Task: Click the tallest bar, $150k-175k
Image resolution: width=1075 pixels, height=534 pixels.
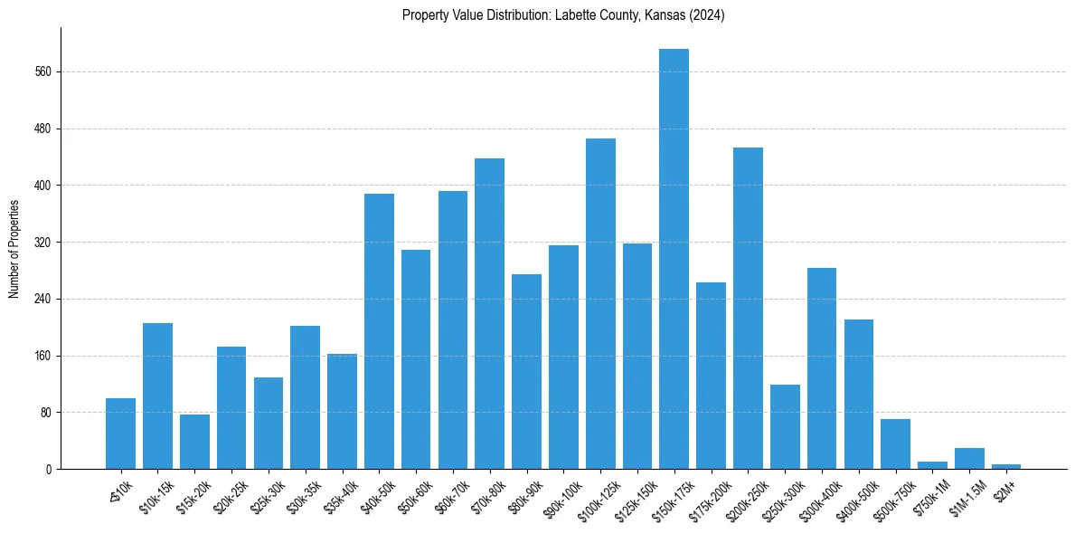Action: point(674,259)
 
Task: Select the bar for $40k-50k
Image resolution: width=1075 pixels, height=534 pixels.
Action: point(379,331)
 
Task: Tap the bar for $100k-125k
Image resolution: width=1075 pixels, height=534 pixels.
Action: point(600,304)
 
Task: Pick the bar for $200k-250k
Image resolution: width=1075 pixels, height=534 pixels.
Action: point(748,309)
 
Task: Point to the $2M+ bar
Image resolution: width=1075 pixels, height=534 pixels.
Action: point(1006,467)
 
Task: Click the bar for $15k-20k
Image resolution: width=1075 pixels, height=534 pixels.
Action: point(194,442)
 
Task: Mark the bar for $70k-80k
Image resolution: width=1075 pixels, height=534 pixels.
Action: point(489,314)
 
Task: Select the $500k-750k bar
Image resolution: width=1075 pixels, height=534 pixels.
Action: point(895,444)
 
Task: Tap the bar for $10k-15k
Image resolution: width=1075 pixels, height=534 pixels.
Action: point(157,396)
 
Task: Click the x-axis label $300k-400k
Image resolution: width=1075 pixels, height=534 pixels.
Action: point(820,494)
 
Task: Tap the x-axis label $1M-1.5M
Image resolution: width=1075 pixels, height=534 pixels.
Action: point(967,494)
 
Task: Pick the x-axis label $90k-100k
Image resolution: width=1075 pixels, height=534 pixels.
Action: point(561,494)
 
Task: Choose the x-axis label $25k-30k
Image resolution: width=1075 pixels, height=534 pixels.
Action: point(267,493)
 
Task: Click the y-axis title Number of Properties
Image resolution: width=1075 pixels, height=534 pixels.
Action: point(14,249)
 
